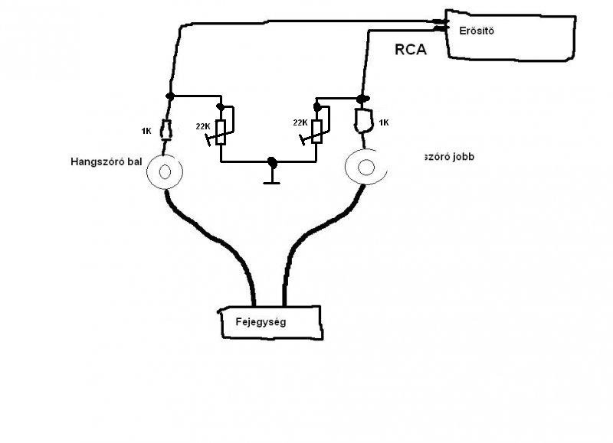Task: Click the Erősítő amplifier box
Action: click(510, 37)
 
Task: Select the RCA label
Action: click(411, 51)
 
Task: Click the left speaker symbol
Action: click(164, 171)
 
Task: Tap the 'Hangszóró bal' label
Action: click(107, 162)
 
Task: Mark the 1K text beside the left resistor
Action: click(146, 131)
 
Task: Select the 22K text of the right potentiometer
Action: click(300, 122)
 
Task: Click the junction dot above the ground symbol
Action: click(272, 162)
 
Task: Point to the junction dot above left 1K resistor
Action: click(170, 96)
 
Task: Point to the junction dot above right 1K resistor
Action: click(362, 99)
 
